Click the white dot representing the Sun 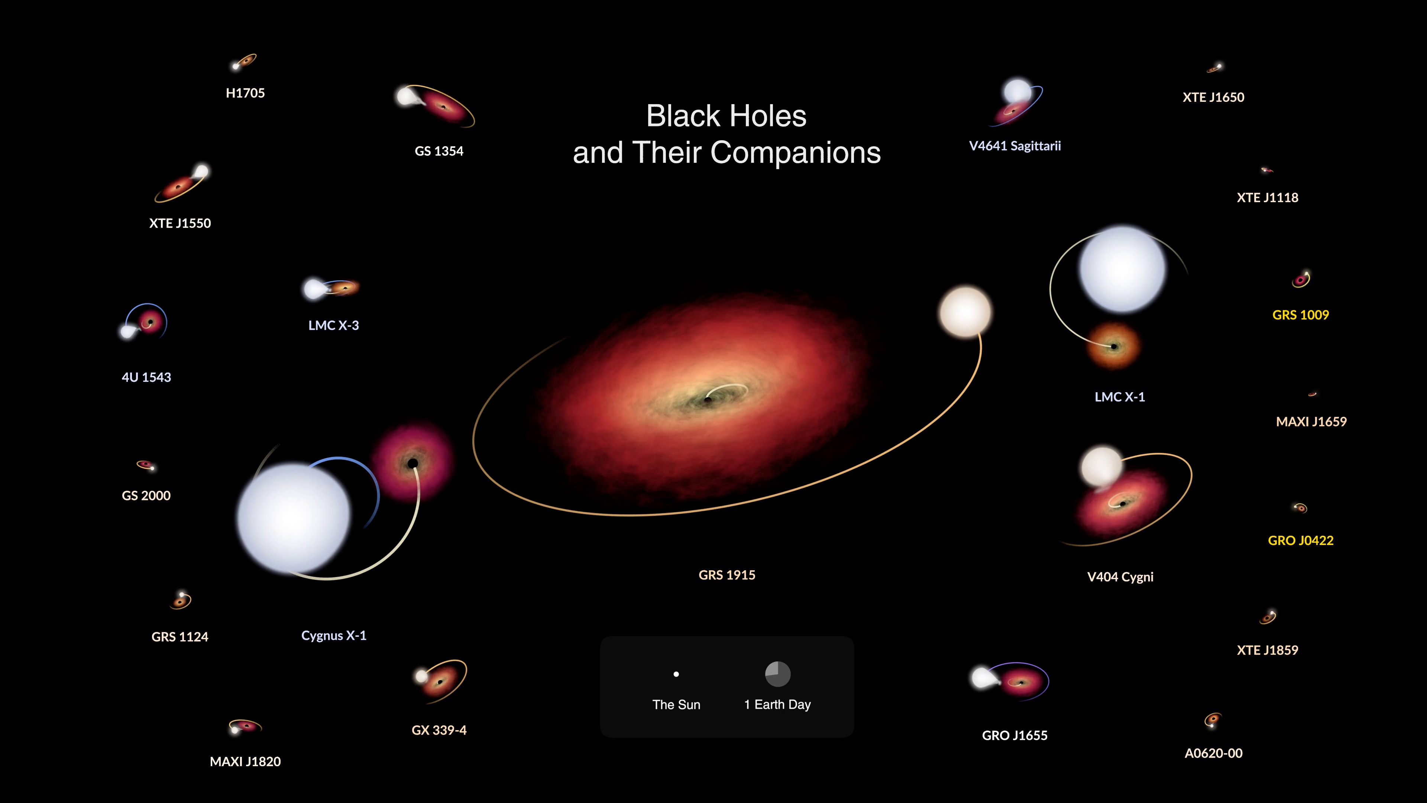click(676, 674)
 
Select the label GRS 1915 click(727, 575)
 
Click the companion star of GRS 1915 click(965, 312)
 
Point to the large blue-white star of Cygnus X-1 click(294, 518)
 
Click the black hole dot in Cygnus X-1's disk click(413, 463)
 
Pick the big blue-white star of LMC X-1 click(1122, 269)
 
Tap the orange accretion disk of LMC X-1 click(1113, 346)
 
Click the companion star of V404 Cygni click(1102, 467)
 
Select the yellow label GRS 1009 click(1300, 315)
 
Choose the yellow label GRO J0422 click(1300, 540)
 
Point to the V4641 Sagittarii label click(1015, 146)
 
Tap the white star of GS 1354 click(407, 97)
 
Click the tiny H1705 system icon click(244, 61)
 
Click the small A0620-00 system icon click(1213, 720)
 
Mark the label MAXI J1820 click(245, 761)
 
